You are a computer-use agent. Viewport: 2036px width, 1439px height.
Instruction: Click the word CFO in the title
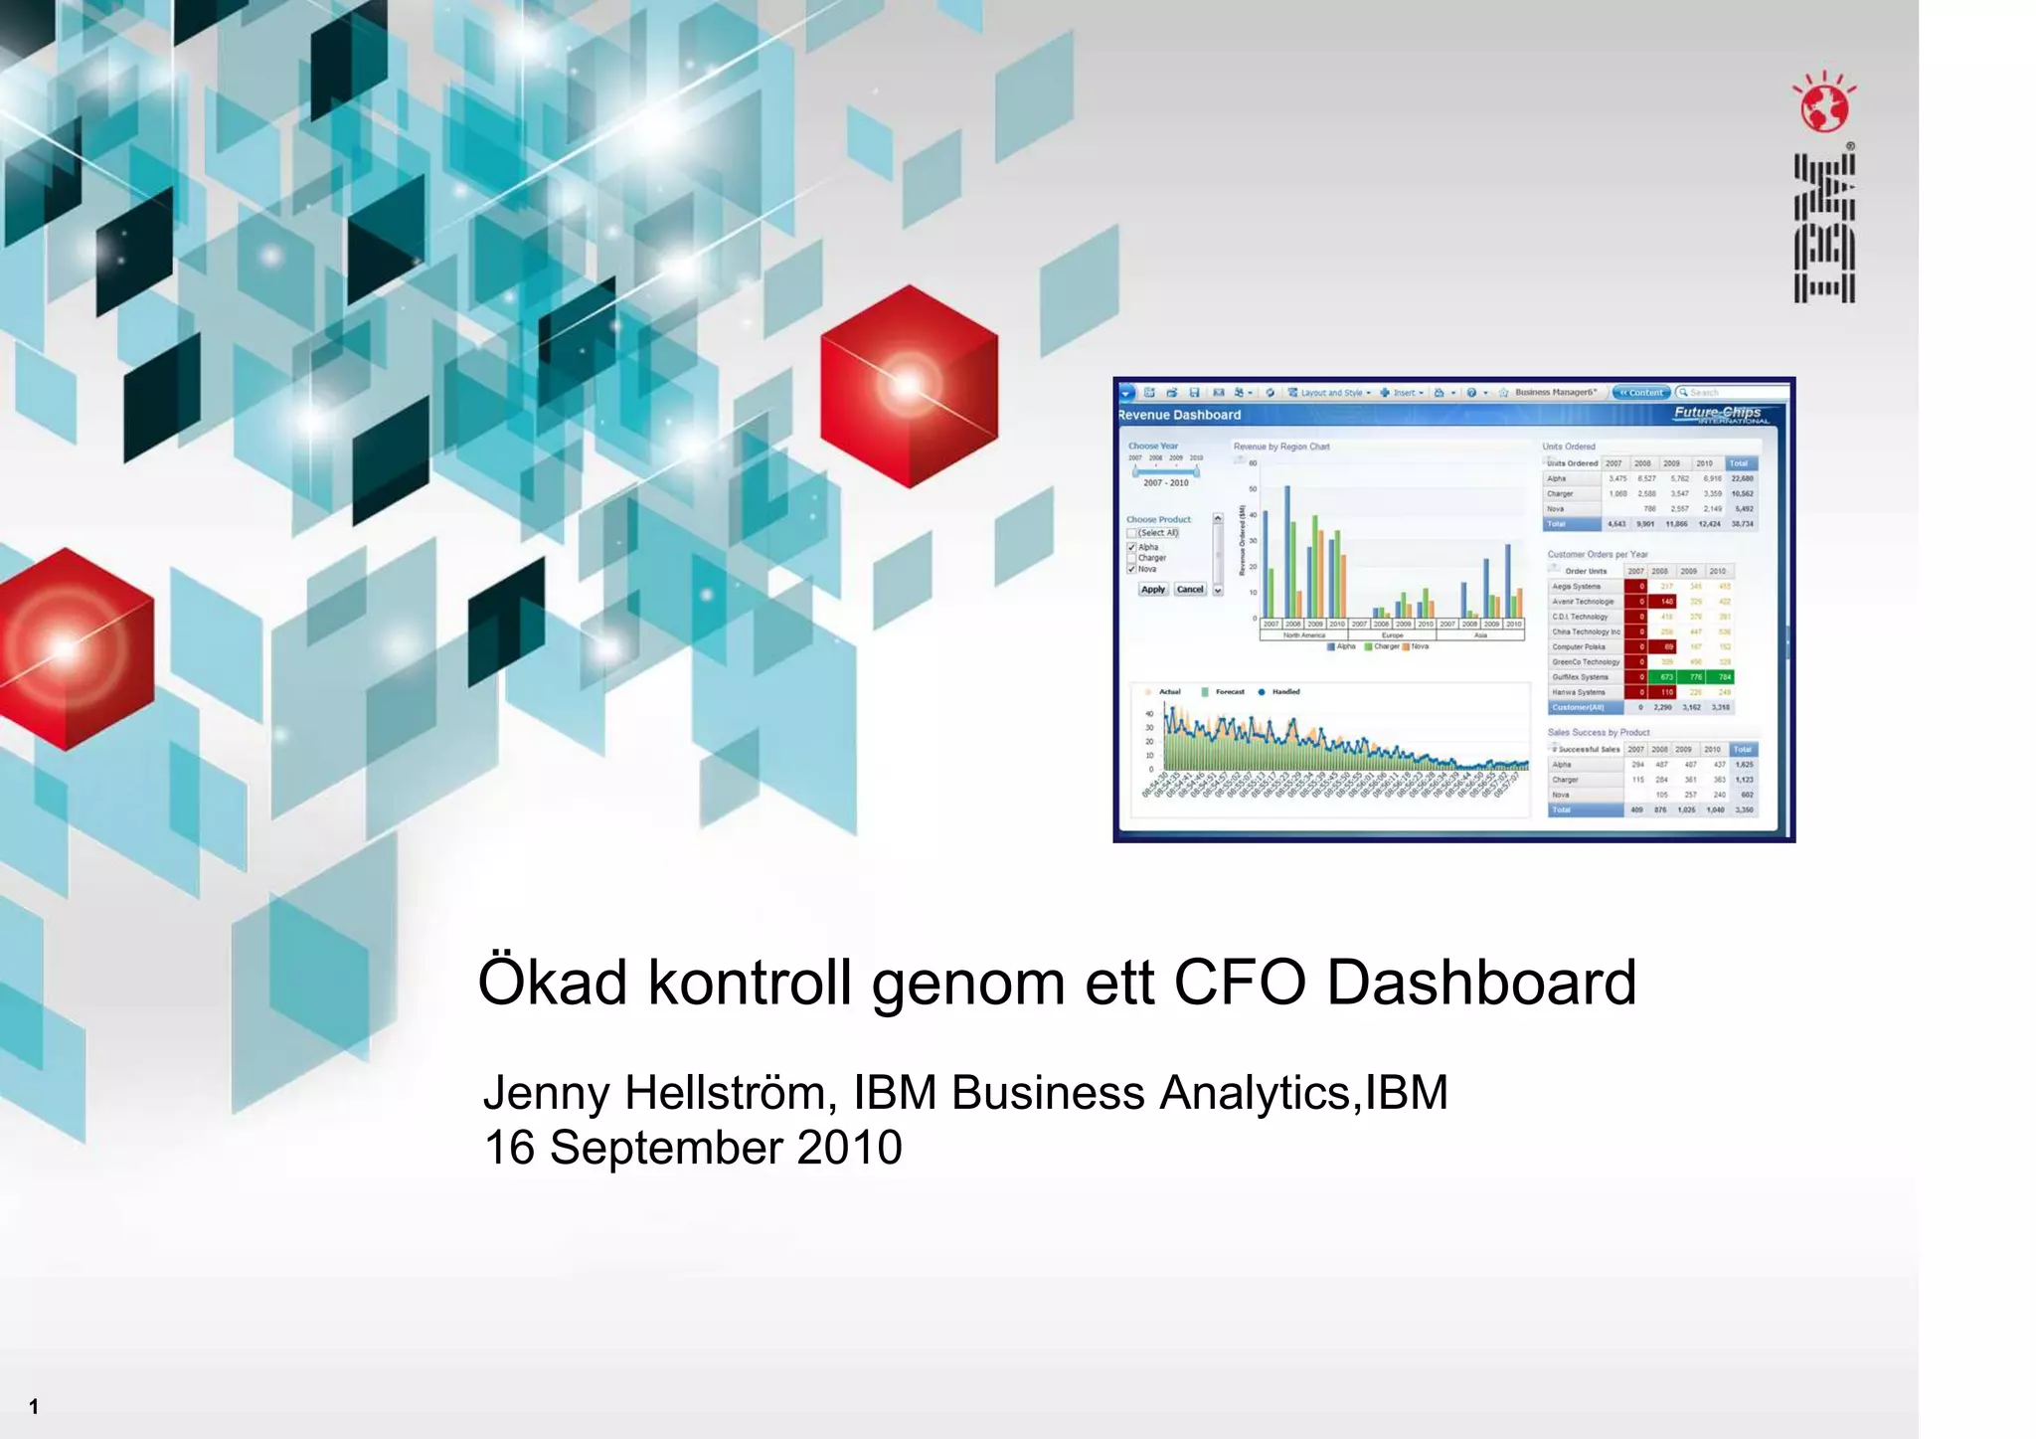(1239, 983)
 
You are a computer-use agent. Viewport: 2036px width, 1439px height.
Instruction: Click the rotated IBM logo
(1824, 228)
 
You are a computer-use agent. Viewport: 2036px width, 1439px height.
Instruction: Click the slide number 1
(34, 1406)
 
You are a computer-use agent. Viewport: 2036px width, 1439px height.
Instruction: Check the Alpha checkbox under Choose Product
(1131, 547)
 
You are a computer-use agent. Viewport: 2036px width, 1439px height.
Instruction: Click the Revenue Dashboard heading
(1180, 416)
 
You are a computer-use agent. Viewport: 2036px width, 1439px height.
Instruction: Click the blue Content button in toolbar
(1641, 393)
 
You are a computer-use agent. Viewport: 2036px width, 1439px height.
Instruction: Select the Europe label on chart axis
(1392, 635)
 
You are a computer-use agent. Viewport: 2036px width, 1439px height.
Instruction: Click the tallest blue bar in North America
(1287, 552)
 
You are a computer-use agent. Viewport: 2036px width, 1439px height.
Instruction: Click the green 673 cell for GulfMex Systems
(1667, 677)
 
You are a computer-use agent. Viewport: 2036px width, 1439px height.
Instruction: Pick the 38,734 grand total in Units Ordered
(1743, 524)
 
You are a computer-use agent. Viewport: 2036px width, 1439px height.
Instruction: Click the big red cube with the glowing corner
(909, 387)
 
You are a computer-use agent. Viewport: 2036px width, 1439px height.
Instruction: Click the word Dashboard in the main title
(1481, 983)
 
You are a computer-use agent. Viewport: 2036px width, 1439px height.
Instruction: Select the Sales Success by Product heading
(1598, 733)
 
